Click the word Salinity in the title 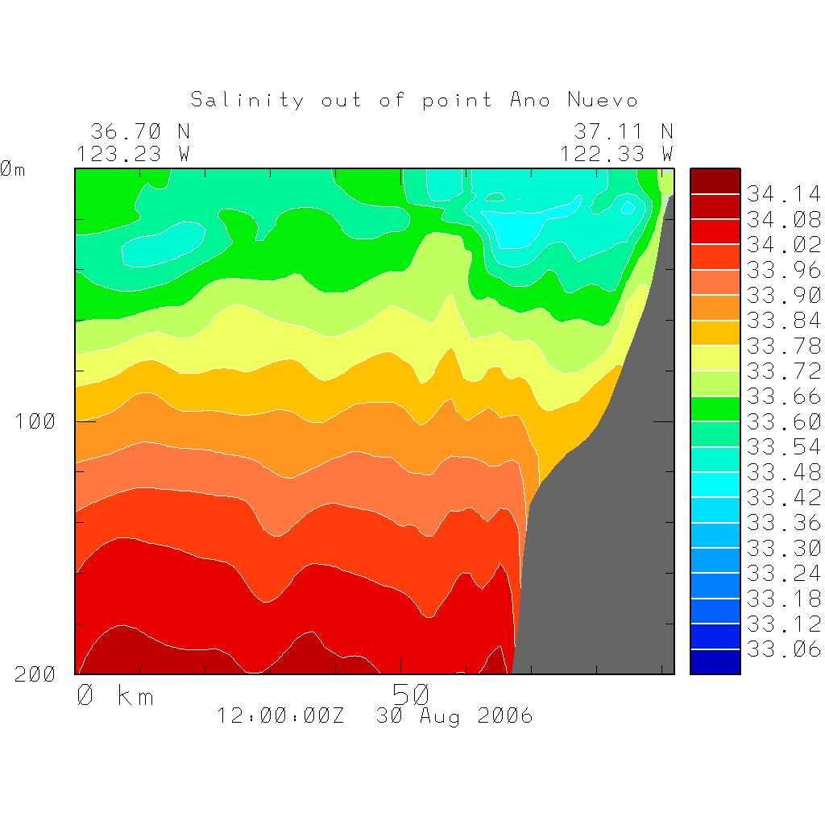click(247, 100)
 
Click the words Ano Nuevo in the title click(574, 100)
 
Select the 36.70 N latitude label click(139, 131)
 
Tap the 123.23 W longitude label click(133, 153)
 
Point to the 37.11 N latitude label click(623, 131)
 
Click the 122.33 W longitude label click(616, 153)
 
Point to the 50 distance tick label click(411, 694)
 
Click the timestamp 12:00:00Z click(280, 715)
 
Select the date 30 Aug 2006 click(454, 715)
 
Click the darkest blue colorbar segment click(715, 661)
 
